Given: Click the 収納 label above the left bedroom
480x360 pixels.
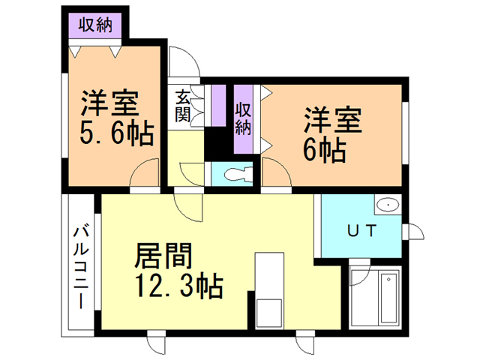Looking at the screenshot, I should [x=94, y=25].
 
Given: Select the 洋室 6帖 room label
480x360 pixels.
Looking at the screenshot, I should [x=333, y=135].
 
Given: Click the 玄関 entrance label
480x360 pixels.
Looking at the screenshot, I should [x=183, y=106].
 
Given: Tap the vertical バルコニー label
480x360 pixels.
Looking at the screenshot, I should [x=79, y=266].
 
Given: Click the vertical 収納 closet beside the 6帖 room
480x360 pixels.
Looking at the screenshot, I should [x=243, y=118].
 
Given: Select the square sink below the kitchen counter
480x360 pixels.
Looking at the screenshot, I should [x=270, y=311].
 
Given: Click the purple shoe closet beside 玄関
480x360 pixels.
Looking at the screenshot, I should [x=219, y=106].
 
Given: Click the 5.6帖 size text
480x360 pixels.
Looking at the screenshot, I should [x=116, y=135].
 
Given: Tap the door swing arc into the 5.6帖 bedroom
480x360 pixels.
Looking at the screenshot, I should [x=143, y=177].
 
